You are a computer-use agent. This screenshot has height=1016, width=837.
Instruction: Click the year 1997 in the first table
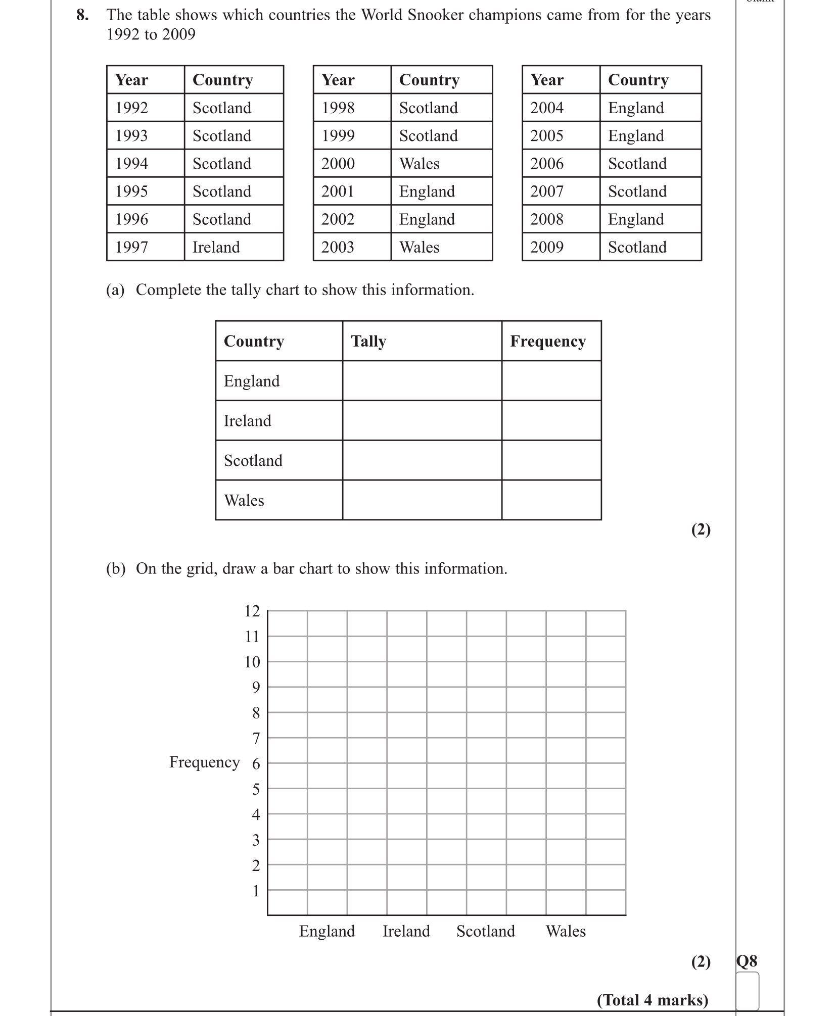click(x=131, y=247)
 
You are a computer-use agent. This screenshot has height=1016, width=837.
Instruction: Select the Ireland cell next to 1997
click(x=216, y=247)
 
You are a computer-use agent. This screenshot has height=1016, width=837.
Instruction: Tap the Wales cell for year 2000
click(x=419, y=164)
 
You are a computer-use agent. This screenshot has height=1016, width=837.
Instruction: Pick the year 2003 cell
click(x=338, y=247)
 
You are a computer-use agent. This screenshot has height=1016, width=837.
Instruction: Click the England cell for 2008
click(x=636, y=219)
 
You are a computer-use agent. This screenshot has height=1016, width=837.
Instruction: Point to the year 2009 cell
click(x=547, y=247)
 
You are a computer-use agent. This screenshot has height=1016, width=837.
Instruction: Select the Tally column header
click(x=368, y=341)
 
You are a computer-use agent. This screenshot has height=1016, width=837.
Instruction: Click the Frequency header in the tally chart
click(x=548, y=341)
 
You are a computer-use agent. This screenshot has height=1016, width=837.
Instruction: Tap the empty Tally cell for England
click(x=422, y=380)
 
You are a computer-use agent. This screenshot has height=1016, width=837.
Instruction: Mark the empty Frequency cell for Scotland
click(x=551, y=460)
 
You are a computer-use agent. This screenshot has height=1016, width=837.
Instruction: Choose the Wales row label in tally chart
click(x=244, y=500)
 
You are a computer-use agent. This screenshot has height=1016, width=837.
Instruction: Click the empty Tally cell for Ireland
click(x=422, y=420)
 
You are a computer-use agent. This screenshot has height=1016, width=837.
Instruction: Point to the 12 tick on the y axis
click(x=252, y=611)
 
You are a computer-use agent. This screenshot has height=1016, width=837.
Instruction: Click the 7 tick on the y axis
click(x=256, y=738)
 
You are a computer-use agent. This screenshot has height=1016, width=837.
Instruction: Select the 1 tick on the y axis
click(x=256, y=891)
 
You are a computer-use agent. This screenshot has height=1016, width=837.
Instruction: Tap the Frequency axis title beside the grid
click(x=204, y=762)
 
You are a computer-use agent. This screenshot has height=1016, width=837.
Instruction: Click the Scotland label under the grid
click(x=486, y=931)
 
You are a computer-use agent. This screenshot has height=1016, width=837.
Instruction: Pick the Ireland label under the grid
click(x=406, y=931)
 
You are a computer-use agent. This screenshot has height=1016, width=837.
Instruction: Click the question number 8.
click(x=82, y=15)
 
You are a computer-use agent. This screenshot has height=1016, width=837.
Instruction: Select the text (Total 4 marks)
click(x=653, y=1000)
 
